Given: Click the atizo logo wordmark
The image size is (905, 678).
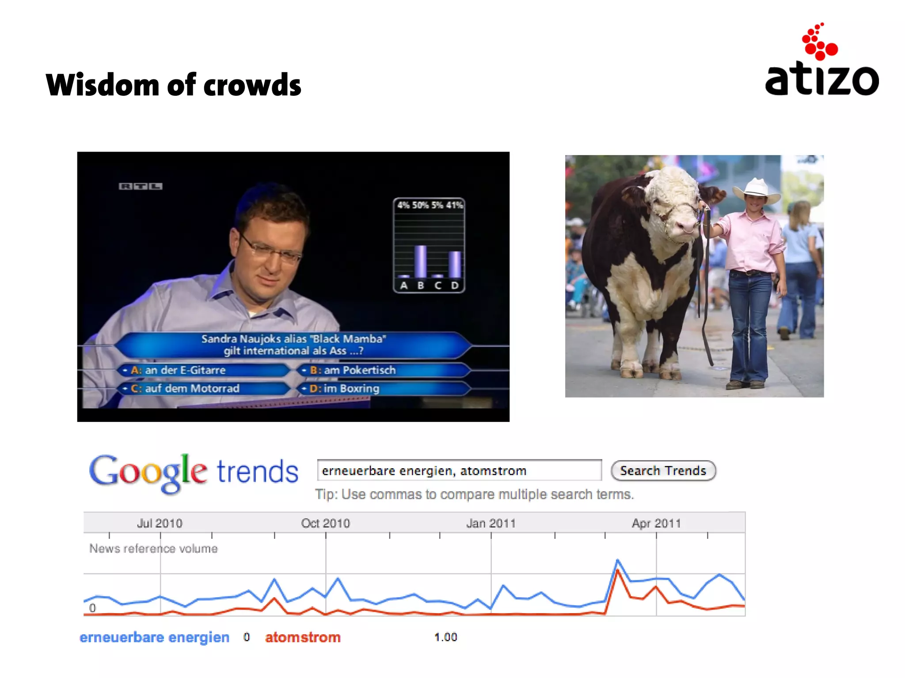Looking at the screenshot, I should coord(821,80).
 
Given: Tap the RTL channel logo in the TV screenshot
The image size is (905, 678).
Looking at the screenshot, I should coord(141,186).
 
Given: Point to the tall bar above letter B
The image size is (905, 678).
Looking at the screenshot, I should coord(420,261).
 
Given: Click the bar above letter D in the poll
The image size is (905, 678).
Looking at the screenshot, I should coord(454,264).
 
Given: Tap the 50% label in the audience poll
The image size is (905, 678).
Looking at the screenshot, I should coord(420,205).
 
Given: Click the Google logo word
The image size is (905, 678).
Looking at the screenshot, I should coord(148,473).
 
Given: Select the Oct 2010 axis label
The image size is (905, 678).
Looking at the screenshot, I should coord(325,523).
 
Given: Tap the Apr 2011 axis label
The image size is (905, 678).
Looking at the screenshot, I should coord(656,523).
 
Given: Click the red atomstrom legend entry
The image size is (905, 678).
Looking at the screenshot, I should coord(303,637).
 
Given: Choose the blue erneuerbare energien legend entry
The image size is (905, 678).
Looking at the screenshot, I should coord(154,637).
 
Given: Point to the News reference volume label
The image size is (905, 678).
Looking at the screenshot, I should coord(153,549).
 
